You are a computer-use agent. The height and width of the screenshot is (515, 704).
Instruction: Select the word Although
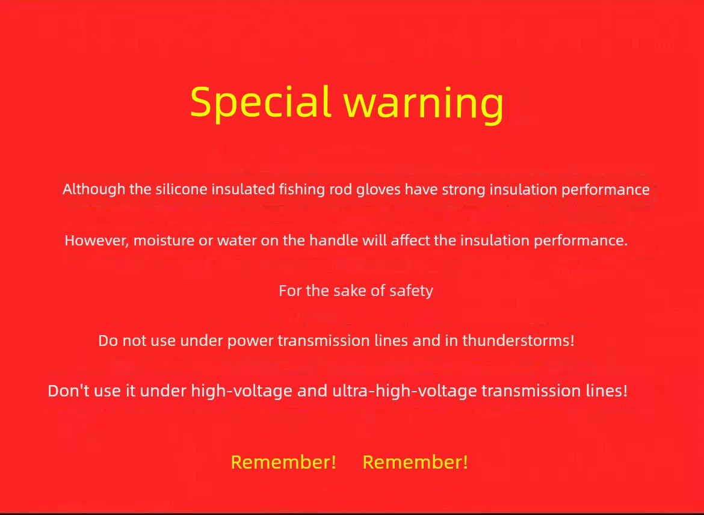point(94,190)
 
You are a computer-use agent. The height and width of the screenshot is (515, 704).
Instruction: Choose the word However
point(97,241)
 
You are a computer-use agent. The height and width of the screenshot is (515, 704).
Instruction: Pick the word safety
point(411,291)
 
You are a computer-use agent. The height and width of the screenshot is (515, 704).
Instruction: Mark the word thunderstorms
point(519,341)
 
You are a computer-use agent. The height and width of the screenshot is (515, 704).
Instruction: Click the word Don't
point(69,390)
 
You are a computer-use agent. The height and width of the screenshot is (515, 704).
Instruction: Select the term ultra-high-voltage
point(404,390)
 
